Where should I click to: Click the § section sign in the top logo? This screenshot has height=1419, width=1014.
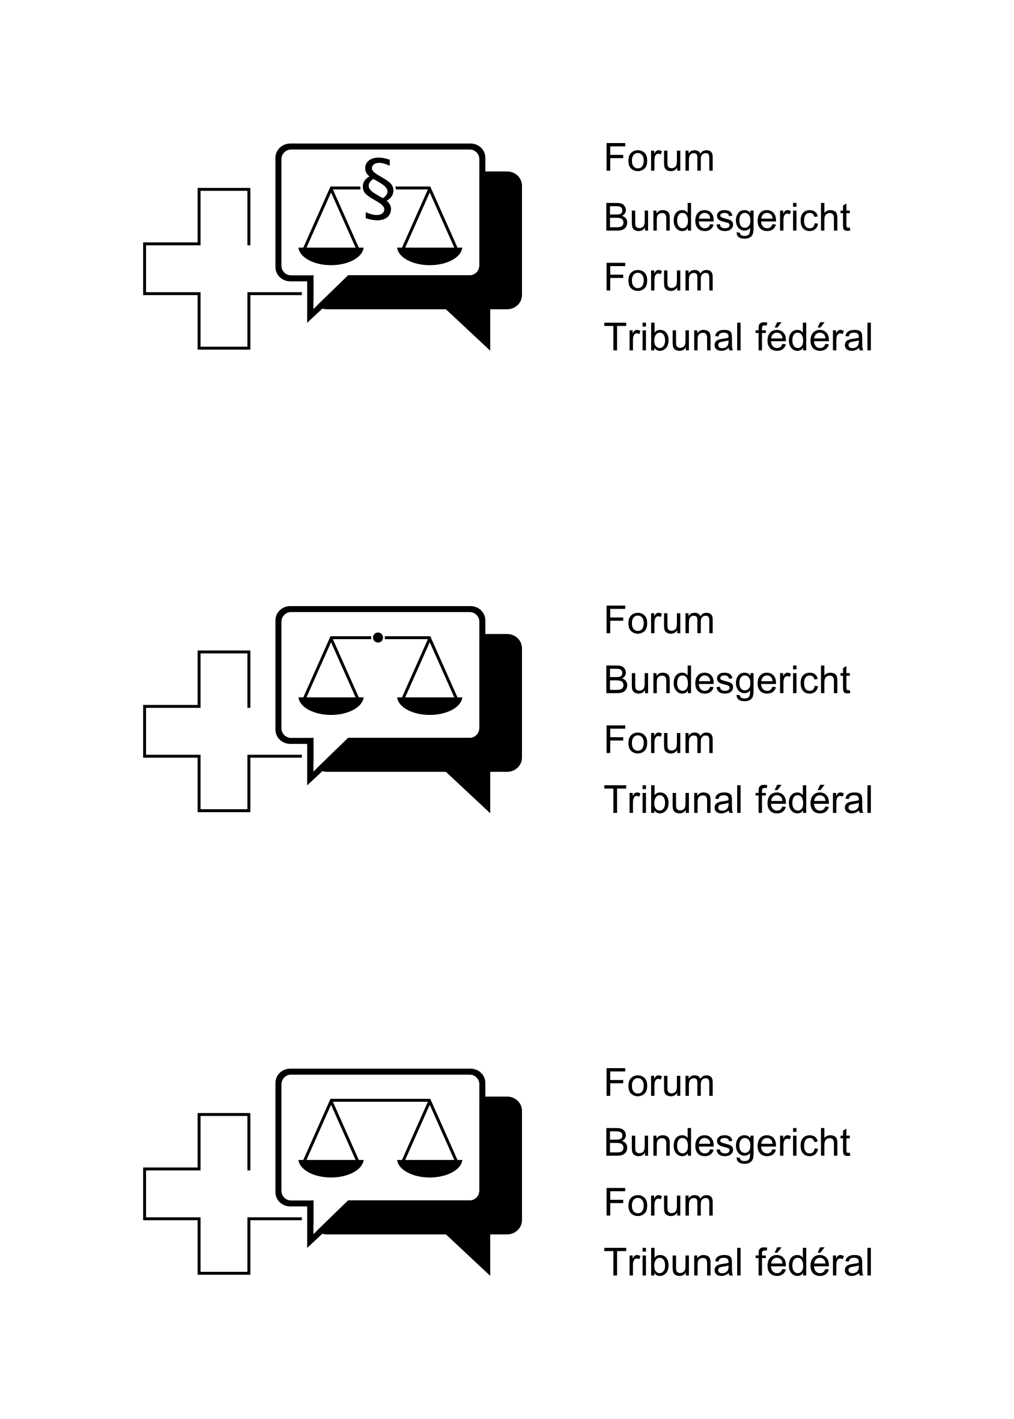(x=378, y=189)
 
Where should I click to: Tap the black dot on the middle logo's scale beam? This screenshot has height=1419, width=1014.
(x=378, y=637)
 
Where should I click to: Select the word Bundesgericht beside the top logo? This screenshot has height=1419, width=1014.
(x=727, y=218)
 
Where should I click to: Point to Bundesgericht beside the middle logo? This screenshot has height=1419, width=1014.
(x=727, y=681)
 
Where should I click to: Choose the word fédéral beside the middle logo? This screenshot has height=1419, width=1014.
(x=813, y=800)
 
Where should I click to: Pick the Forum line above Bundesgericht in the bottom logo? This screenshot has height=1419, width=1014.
(x=659, y=1083)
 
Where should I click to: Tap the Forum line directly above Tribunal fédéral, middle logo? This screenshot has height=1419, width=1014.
(x=659, y=740)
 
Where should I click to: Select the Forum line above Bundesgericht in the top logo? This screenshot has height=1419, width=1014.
(x=659, y=158)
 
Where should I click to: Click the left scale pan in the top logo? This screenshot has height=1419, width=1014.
(x=331, y=256)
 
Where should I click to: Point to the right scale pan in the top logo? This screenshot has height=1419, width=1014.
(x=430, y=256)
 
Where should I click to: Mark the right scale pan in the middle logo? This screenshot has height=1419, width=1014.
(x=430, y=705)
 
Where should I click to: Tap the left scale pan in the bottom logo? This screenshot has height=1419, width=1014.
(x=331, y=1168)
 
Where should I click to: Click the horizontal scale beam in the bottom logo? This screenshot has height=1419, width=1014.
(x=380, y=1100)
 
